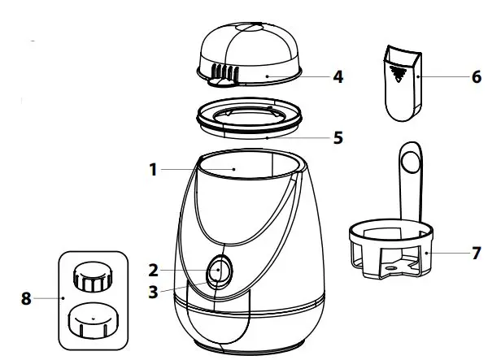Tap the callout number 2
tap(152, 270)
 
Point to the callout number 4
tap(338, 78)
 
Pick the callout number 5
tap(338, 137)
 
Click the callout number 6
tap(476, 78)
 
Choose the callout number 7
tap(476, 253)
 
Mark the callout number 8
tap(26, 298)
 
